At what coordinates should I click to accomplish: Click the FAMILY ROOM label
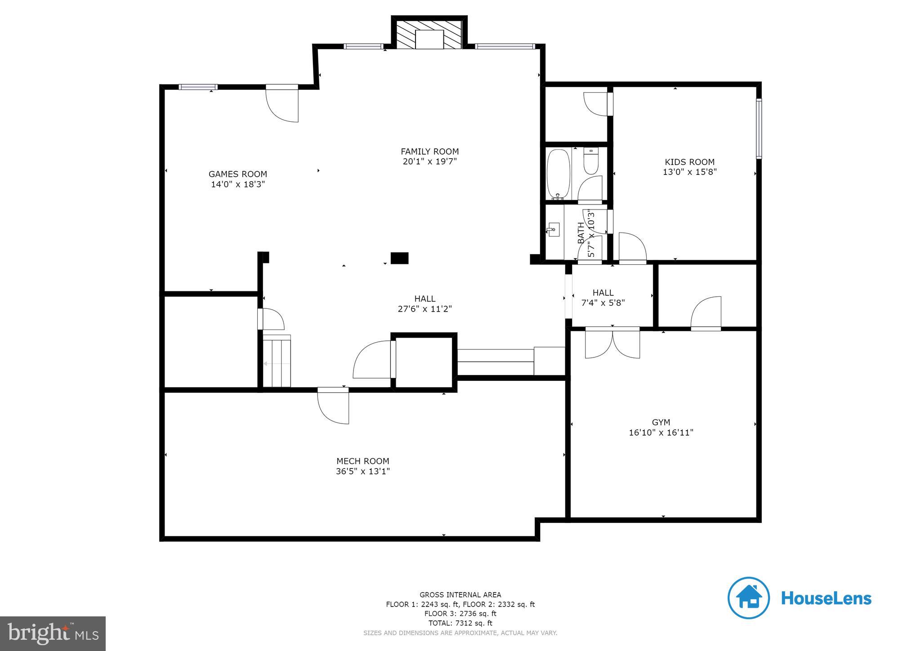[429, 152]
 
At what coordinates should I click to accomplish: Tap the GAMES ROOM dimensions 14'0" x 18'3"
[238, 184]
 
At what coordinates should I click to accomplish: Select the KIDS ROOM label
[689, 162]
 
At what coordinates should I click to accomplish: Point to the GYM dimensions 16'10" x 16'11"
[661, 433]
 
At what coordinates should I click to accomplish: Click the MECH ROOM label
[362, 461]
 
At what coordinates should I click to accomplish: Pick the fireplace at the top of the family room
[429, 35]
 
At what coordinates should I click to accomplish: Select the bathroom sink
[554, 229]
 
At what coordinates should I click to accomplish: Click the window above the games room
[198, 87]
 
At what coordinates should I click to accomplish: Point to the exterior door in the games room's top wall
[282, 103]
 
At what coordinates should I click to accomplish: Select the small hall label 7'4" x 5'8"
[603, 303]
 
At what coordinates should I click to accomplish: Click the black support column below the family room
[399, 258]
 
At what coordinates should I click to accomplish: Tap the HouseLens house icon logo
[748, 598]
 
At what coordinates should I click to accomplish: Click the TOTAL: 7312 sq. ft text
[460, 623]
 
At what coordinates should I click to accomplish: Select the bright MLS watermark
[53, 633]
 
